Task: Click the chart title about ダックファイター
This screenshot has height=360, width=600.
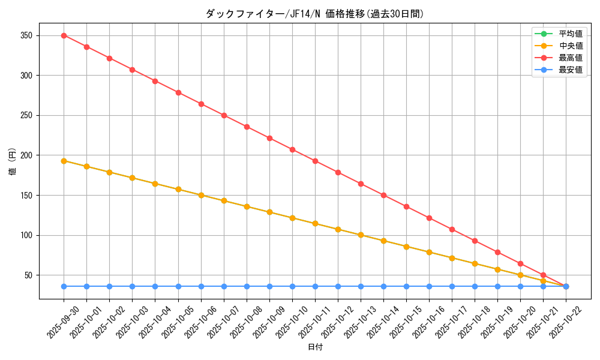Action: pos(314,14)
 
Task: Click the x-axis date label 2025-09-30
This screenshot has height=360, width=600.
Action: pos(64,322)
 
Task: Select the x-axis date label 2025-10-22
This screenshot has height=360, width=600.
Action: pos(566,322)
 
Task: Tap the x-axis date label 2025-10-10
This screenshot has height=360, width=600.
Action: pos(292,322)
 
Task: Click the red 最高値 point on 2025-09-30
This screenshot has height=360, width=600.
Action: pos(64,35)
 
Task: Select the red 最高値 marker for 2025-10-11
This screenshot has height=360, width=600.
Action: pos(315,161)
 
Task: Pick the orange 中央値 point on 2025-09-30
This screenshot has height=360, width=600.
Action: pos(64,161)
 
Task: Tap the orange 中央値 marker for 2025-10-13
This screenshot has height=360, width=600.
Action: pos(361,235)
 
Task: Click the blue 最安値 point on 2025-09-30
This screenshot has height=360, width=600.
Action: pos(64,286)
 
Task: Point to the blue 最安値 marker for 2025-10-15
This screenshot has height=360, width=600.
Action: pos(406,286)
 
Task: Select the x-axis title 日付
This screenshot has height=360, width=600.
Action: pos(315,347)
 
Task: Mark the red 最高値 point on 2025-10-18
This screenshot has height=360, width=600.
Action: pos(475,241)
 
